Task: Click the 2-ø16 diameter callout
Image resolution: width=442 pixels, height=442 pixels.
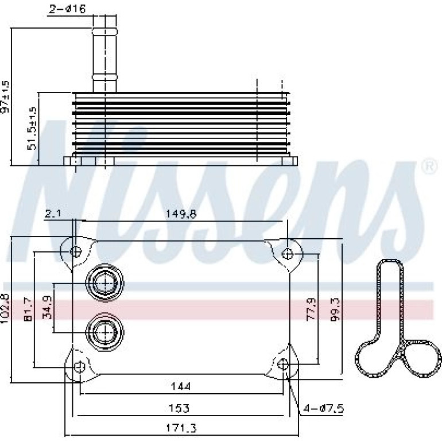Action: (67, 9)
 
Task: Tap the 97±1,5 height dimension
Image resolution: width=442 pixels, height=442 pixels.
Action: (5, 96)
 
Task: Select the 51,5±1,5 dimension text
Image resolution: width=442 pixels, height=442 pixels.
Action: (32, 128)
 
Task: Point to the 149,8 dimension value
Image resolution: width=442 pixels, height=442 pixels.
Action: (181, 214)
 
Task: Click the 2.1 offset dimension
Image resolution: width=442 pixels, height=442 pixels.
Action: (53, 214)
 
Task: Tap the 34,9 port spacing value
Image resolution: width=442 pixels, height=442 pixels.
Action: (47, 307)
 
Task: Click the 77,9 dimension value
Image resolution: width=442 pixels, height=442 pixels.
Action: (311, 309)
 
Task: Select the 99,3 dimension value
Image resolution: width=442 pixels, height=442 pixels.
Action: (335, 310)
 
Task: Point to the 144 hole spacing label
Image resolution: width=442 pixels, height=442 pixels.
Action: (181, 386)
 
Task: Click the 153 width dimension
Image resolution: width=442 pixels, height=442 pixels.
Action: (179, 408)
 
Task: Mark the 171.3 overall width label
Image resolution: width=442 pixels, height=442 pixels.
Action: (181, 428)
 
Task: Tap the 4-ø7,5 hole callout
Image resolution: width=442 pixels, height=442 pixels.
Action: (323, 409)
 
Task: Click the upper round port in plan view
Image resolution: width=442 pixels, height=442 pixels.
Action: (105, 282)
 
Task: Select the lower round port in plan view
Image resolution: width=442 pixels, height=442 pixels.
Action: (105, 332)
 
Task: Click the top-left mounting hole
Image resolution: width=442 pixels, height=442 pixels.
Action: (76, 251)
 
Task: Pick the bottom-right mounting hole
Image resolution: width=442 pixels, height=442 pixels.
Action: (283, 365)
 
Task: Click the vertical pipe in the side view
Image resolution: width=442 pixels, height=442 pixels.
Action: (104, 53)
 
